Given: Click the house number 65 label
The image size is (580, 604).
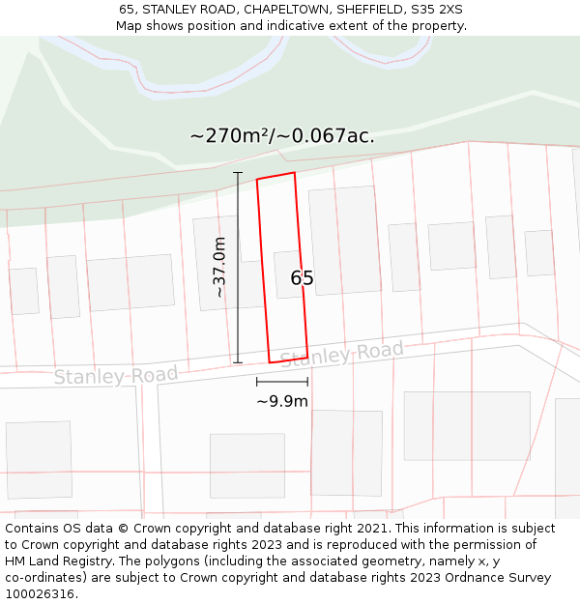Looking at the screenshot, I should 302,278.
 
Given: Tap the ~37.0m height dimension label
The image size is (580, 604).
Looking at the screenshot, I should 219,267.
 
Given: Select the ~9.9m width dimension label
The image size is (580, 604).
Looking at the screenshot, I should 282,401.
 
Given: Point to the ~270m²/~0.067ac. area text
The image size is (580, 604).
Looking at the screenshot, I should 282,135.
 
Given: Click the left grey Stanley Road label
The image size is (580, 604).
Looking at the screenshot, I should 116,375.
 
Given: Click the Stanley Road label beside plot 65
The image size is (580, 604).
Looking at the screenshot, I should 341,354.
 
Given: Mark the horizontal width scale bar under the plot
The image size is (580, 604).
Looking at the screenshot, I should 282,383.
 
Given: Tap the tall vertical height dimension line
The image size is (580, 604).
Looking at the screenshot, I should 238,268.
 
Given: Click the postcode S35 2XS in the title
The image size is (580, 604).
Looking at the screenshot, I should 438,9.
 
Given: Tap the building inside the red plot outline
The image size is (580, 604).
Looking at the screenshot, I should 287,274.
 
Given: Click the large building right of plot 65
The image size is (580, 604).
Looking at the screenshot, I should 344,240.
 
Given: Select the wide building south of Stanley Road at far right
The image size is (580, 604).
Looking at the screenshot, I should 467,425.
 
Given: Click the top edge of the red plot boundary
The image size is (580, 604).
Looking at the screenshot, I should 275,176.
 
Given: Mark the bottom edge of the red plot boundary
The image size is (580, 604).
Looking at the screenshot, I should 288,360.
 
